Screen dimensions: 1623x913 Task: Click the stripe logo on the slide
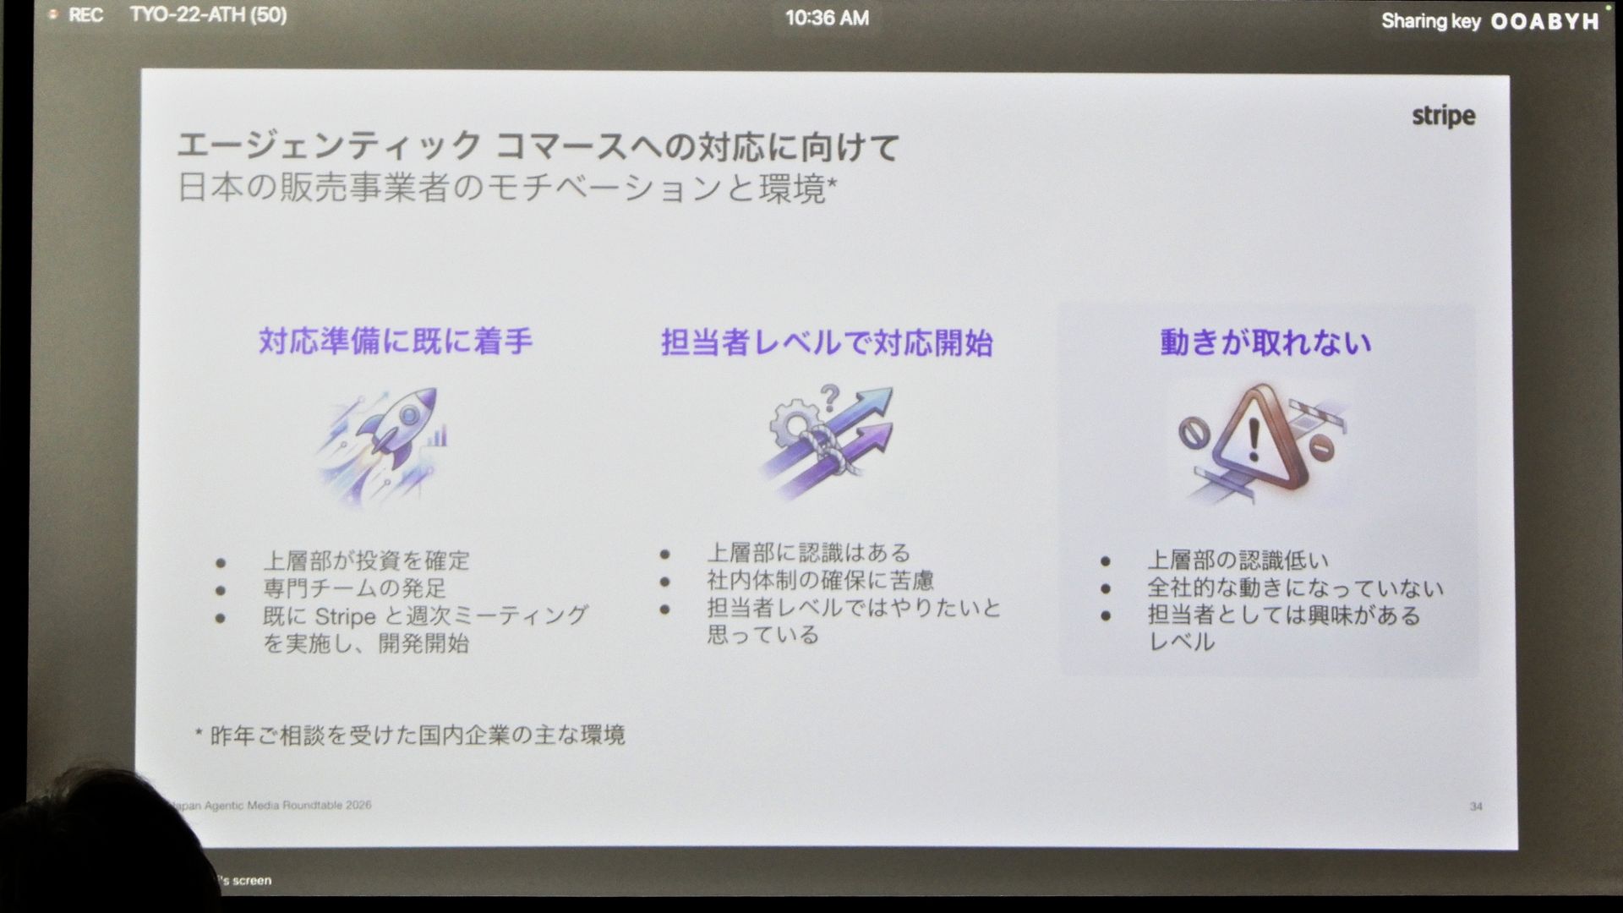pyautogui.click(x=1443, y=116)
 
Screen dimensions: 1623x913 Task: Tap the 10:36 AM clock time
pyautogui.click(x=827, y=18)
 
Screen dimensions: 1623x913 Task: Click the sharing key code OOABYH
pyautogui.click(x=1544, y=21)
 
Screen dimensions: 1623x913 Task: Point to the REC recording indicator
pyautogui.click(x=77, y=15)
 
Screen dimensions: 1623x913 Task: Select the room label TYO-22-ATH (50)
pyautogui.click(x=208, y=15)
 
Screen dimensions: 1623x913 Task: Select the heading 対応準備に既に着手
pyautogui.click(x=396, y=342)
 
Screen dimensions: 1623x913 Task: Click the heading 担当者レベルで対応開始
pyautogui.click(x=827, y=343)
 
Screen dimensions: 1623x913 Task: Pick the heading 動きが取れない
pyautogui.click(x=1265, y=342)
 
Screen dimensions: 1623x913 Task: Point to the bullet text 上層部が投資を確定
pyautogui.click(x=366, y=560)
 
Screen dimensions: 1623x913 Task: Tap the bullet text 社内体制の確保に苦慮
pyautogui.click(x=820, y=580)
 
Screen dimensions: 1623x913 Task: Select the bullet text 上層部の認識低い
pyautogui.click(x=1238, y=560)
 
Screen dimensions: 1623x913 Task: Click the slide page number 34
pyautogui.click(x=1476, y=806)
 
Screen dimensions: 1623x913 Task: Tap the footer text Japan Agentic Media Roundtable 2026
pyautogui.click(x=270, y=805)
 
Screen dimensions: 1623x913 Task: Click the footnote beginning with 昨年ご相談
pyautogui.click(x=410, y=735)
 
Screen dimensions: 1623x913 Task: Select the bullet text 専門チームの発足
pyautogui.click(x=354, y=588)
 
